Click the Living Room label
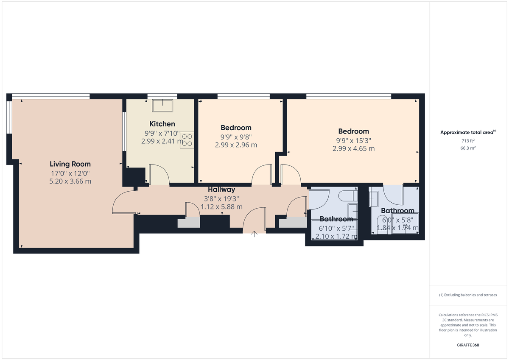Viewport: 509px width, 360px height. click(x=70, y=164)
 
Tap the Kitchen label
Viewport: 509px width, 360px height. click(x=162, y=124)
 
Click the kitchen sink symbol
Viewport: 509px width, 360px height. click(x=162, y=105)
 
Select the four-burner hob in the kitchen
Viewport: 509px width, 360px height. click(x=187, y=140)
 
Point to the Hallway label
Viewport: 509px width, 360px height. click(x=221, y=190)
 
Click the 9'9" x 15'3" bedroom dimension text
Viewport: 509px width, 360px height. click(x=353, y=140)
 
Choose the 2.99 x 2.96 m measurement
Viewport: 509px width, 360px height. click(x=236, y=145)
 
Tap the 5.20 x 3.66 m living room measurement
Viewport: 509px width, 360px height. click(x=70, y=181)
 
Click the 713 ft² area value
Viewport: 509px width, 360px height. click(x=468, y=140)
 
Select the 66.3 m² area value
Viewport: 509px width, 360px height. click(x=468, y=148)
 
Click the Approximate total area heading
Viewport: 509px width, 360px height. click(x=468, y=132)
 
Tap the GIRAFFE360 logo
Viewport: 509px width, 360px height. click(x=468, y=345)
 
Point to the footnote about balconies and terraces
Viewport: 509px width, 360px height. click(x=468, y=295)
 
